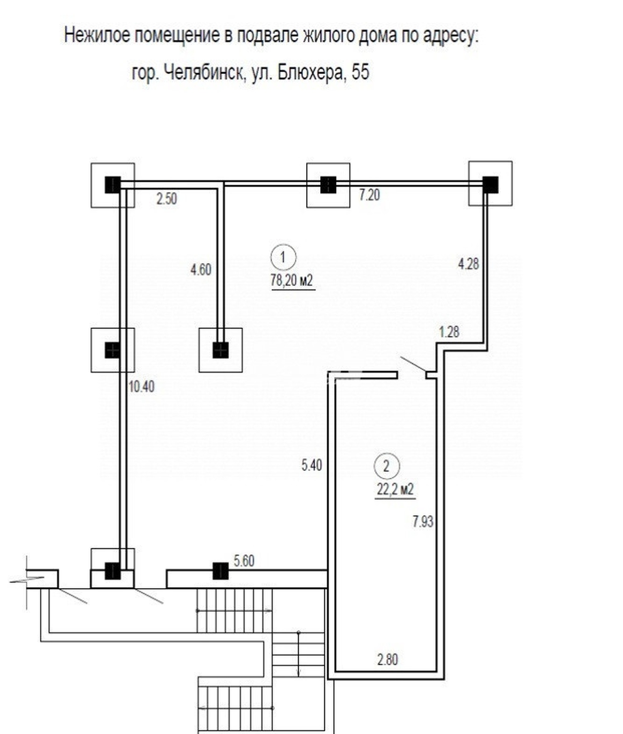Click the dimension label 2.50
(167, 199)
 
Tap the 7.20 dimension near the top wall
(369, 195)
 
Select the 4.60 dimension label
(201, 270)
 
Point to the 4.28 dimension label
(468, 264)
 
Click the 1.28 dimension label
(449, 332)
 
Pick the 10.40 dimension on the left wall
(141, 387)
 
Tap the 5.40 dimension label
(311, 465)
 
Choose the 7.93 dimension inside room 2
(423, 521)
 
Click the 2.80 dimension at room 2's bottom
(387, 659)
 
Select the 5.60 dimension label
(244, 561)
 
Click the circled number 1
(283, 257)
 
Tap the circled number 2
(387, 466)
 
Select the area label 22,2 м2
(395, 490)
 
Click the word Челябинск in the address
(204, 73)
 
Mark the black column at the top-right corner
(490, 185)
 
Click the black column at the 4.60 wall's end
(221, 350)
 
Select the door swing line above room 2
(413, 364)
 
